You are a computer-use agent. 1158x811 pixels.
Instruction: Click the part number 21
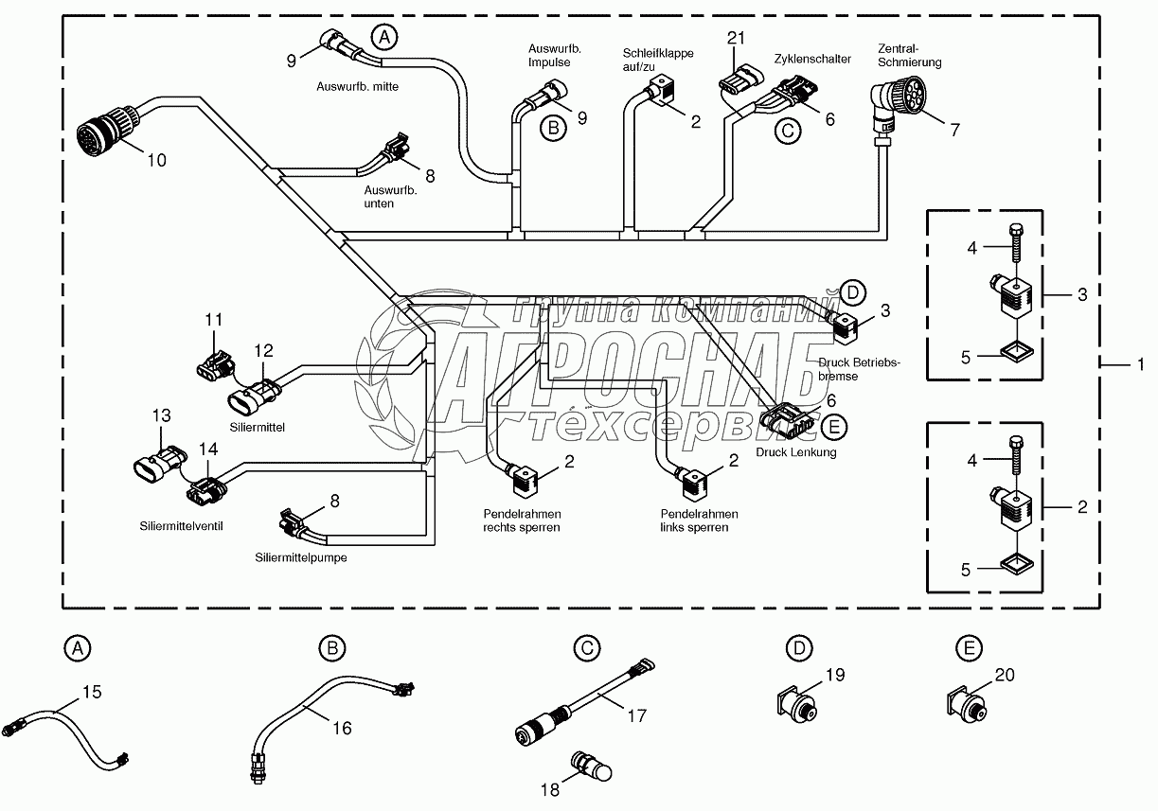[737, 38]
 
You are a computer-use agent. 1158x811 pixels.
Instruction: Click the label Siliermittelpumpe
[300, 557]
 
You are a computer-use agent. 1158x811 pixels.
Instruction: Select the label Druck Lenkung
[795, 452]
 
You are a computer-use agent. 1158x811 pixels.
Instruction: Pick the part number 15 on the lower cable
[91, 692]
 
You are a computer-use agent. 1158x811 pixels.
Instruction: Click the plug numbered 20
[967, 704]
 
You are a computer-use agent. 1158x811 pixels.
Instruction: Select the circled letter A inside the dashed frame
[383, 38]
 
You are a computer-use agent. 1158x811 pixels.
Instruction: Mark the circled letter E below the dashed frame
[967, 648]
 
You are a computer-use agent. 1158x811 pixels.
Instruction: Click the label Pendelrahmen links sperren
[699, 520]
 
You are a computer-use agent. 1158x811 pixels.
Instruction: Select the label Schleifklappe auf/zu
[657, 60]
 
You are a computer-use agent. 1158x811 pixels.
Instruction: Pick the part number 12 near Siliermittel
[262, 351]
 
